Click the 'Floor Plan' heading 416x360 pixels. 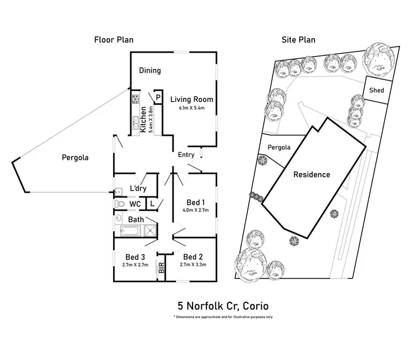point(113,40)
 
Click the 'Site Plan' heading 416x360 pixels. point(299,40)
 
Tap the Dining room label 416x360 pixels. point(150,70)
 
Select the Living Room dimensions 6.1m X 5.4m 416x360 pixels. point(191,108)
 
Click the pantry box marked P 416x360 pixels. point(158,98)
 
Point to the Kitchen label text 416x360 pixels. point(143,118)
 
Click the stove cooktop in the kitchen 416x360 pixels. point(135,100)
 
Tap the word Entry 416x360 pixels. point(186,155)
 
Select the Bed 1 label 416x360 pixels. point(195,202)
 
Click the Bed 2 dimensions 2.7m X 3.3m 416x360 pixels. point(194,265)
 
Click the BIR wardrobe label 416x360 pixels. point(161,269)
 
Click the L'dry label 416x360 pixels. point(138,189)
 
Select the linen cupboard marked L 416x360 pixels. point(152,204)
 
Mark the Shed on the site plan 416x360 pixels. point(377,90)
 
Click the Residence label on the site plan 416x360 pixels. point(312,175)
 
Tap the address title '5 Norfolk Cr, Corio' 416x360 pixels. point(223,306)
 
